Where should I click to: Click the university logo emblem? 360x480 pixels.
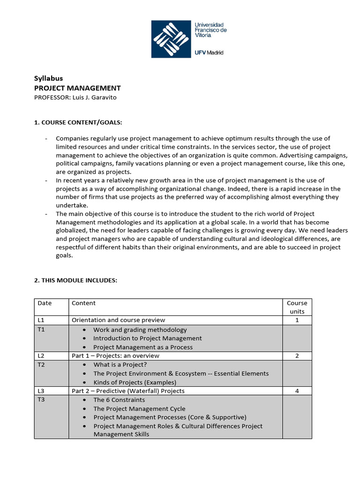pyautogui.click(x=171, y=39)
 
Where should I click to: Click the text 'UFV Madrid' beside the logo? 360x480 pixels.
pyautogui.click(x=209, y=52)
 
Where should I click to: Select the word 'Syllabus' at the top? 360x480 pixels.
pyautogui.click(x=49, y=78)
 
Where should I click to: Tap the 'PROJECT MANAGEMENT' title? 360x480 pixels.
pyautogui.click(x=78, y=88)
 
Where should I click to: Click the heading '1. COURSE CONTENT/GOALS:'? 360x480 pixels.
pyautogui.click(x=78, y=122)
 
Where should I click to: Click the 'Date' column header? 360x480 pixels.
pyautogui.click(x=45, y=303)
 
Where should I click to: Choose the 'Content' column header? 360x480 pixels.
pyautogui.click(x=83, y=303)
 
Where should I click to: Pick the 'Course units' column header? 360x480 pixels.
pyautogui.click(x=297, y=307)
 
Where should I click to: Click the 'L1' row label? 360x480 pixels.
pyautogui.click(x=41, y=320)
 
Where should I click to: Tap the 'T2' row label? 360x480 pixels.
pyautogui.click(x=41, y=365)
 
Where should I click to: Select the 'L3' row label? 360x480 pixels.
pyautogui.click(x=41, y=391)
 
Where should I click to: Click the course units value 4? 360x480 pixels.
pyautogui.click(x=297, y=391)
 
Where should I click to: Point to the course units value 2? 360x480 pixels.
pyautogui.click(x=297, y=356)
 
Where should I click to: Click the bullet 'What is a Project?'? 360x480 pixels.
pyautogui.click(x=120, y=365)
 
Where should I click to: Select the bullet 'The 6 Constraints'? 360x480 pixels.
pyautogui.click(x=119, y=400)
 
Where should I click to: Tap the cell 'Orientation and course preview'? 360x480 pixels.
pyautogui.click(x=118, y=320)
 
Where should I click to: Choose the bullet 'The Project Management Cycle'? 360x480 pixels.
pyautogui.click(x=139, y=409)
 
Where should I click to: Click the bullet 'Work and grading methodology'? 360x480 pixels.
pyautogui.click(x=140, y=330)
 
